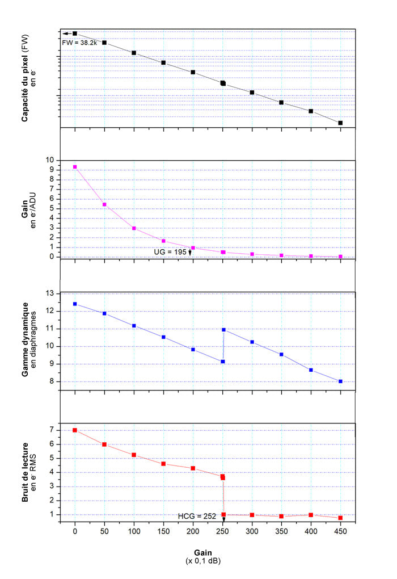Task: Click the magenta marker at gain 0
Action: pyautogui.click(x=75, y=167)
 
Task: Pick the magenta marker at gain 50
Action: pyautogui.click(x=104, y=204)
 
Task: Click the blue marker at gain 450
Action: pyautogui.click(x=340, y=381)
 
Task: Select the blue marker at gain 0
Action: pyautogui.click(x=75, y=304)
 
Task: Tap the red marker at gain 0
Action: pyautogui.click(x=75, y=430)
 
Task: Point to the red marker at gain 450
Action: pyautogui.click(x=340, y=518)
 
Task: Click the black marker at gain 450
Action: pyautogui.click(x=340, y=123)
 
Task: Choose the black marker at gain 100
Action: pyautogui.click(x=134, y=53)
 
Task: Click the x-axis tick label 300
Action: pyautogui.click(x=252, y=533)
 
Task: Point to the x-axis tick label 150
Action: pyautogui.click(x=163, y=533)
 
